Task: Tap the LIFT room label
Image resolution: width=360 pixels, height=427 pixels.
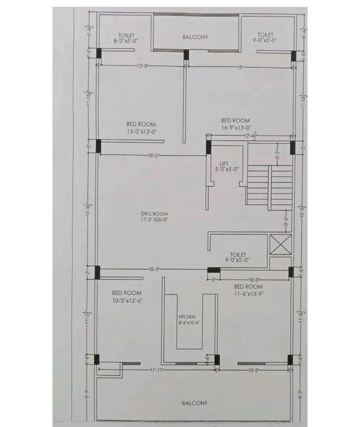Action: [x=224, y=163]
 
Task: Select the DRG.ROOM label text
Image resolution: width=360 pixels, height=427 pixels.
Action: [x=150, y=213]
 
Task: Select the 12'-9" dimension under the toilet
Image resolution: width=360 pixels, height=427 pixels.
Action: [x=141, y=65]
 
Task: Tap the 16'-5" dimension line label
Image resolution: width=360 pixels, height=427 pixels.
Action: [x=154, y=155]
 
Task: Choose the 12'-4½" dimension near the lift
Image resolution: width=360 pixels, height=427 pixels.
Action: [x=250, y=136]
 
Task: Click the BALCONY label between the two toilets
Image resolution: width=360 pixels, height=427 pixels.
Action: [x=195, y=37]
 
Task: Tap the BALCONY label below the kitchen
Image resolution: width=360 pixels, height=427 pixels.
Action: [x=194, y=402]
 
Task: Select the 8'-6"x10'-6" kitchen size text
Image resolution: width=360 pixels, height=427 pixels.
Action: [x=189, y=323]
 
